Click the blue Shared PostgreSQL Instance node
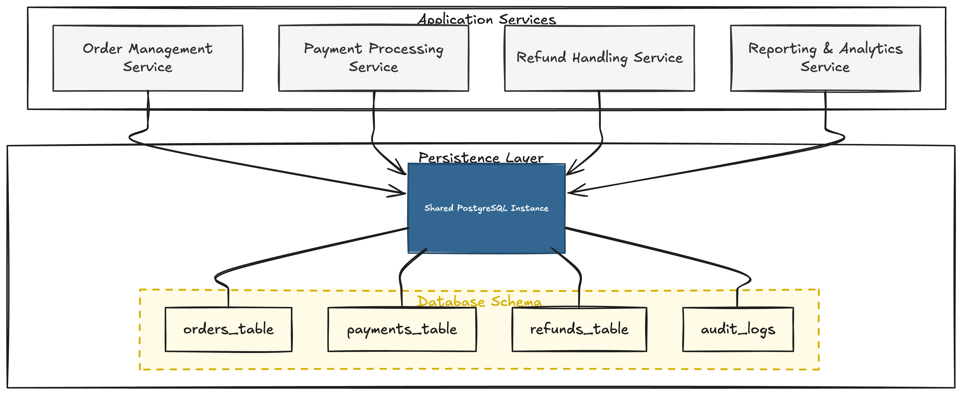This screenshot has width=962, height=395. point(486,208)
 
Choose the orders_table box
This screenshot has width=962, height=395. point(229,329)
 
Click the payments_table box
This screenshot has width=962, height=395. point(402,329)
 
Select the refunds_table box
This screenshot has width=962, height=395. point(579,329)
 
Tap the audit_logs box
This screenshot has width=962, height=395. point(738,329)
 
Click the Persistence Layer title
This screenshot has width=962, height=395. point(481,158)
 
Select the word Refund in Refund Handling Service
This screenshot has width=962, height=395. point(541,58)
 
